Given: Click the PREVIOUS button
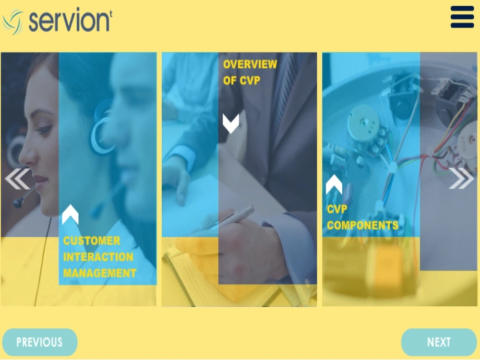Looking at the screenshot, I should (39, 342).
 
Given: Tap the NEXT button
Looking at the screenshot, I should (439, 342).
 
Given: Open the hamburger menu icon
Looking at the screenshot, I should (462, 17).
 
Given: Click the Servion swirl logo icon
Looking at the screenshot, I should (12, 22).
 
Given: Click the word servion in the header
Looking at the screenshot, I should (70, 20).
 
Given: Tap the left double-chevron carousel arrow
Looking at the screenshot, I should (17, 179).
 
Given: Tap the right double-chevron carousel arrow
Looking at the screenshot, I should (461, 179).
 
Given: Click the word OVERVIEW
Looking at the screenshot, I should (250, 64).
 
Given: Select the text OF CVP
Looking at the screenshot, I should (241, 81).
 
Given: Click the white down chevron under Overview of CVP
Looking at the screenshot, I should (231, 123).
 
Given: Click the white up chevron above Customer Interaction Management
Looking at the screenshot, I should (70, 214).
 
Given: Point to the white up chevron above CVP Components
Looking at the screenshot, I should (334, 185).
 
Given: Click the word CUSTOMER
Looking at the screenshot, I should (92, 240).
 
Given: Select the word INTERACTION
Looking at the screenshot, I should (98, 257).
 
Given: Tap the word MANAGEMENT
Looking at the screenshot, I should (100, 273).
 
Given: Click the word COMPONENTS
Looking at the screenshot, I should (362, 225).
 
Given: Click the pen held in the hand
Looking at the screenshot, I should (235, 216).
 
